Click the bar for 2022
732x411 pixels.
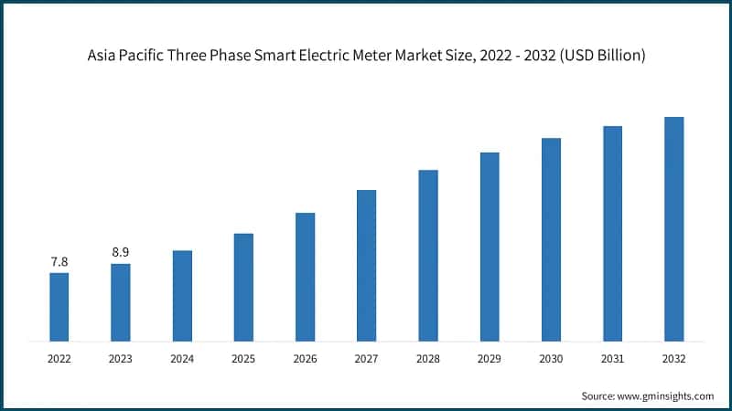click(59, 307)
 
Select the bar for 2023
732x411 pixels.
click(120, 302)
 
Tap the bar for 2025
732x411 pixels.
click(243, 287)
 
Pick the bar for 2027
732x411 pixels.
click(366, 266)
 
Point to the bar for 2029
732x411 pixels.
click(490, 247)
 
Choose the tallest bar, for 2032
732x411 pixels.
click(673, 229)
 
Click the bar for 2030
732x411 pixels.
click(551, 239)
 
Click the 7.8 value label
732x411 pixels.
click(59, 262)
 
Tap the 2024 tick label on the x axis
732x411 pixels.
click(182, 359)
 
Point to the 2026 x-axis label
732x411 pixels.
click(305, 359)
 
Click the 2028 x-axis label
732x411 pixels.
click(428, 359)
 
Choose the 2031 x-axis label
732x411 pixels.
click(612, 359)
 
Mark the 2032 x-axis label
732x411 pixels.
click(673, 359)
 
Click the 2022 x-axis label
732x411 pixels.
click(59, 359)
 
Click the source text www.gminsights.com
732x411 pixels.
click(665, 395)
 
